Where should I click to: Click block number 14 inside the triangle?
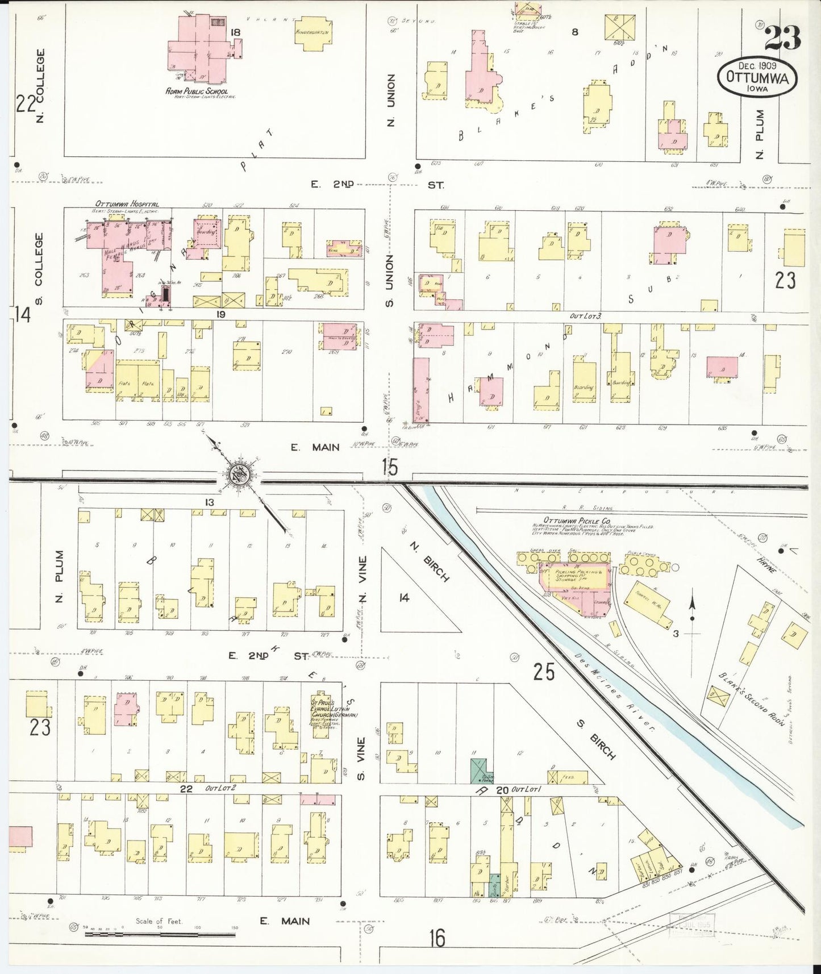(403, 597)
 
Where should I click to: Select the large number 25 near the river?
(544, 672)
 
